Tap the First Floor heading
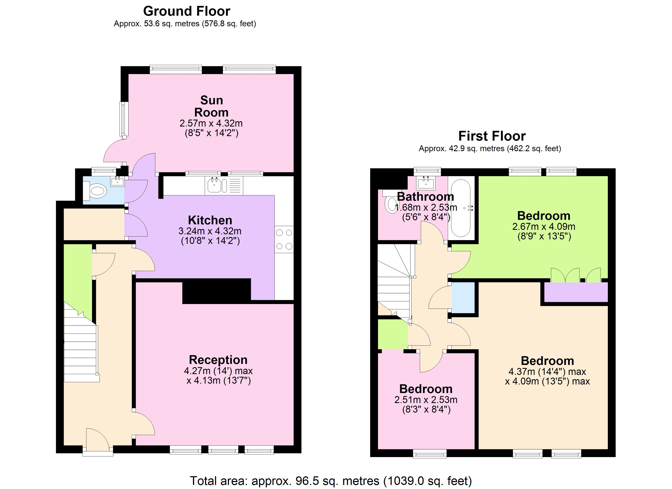[x=492, y=136]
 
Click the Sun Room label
[x=211, y=106]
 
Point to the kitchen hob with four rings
[x=284, y=239]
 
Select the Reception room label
[x=218, y=360]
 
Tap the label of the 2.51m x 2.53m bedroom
[x=426, y=389]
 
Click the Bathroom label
[x=425, y=197]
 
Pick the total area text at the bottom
[x=331, y=481]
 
